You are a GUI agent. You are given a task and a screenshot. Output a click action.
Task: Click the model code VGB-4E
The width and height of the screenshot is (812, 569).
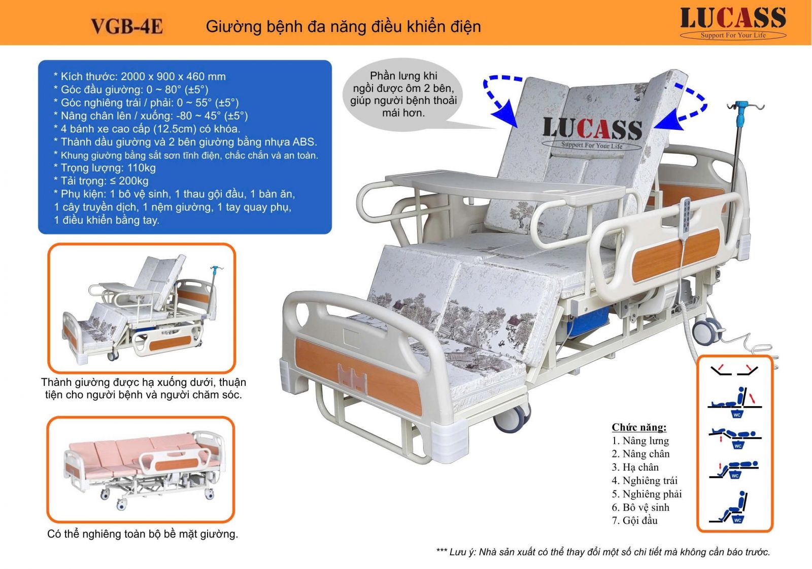pos(127,26)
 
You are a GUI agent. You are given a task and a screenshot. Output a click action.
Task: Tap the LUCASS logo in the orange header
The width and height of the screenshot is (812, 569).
pos(733,23)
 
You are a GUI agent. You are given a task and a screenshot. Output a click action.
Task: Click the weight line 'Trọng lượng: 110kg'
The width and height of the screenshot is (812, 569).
pos(105,168)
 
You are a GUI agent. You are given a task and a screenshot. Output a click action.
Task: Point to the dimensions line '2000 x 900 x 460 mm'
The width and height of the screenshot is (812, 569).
pos(173,77)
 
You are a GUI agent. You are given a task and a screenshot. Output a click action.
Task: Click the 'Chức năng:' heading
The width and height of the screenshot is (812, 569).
pos(639,427)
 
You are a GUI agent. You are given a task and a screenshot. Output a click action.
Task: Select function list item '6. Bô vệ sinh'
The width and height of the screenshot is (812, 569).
pos(640,507)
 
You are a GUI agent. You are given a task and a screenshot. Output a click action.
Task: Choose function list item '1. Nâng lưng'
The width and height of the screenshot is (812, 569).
pos(640,441)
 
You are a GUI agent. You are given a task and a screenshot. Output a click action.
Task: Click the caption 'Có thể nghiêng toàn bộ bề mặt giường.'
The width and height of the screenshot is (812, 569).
pos(143,534)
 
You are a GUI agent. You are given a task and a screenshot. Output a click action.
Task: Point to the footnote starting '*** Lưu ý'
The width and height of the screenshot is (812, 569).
pos(603,552)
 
